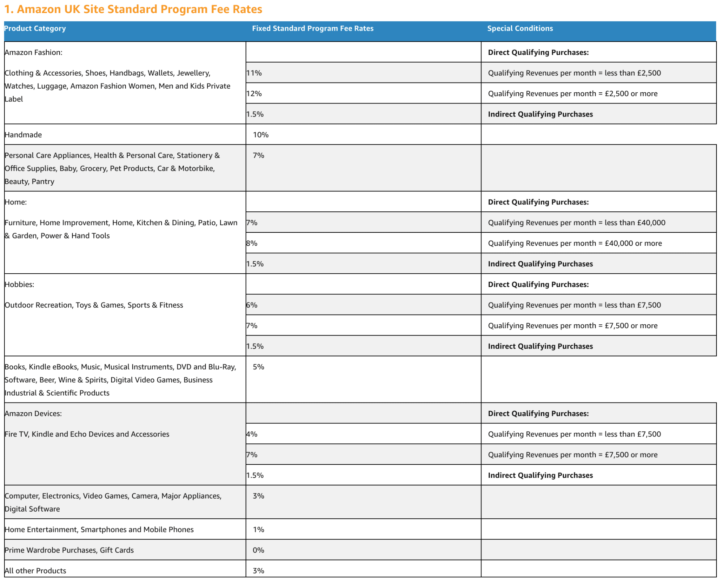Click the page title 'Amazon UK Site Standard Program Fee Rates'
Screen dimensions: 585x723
pyautogui.click(x=133, y=9)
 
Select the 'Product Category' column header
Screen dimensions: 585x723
pyautogui.click(x=35, y=29)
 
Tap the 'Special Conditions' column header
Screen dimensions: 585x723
pyautogui.click(x=520, y=29)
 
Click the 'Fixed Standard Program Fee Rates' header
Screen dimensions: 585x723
pyautogui.click(x=312, y=29)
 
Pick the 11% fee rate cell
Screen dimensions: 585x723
pyautogui.click(x=254, y=73)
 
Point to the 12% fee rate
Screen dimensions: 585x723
pyautogui.click(x=254, y=94)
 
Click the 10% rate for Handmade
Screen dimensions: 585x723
pyautogui.click(x=260, y=135)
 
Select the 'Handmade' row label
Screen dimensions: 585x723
pyautogui.click(x=23, y=135)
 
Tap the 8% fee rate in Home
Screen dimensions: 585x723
pyautogui.click(x=252, y=243)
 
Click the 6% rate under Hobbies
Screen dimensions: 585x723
pyautogui.click(x=252, y=305)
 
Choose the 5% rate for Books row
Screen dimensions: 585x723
pyautogui.click(x=258, y=367)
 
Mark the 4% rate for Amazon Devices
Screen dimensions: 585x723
pyautogui.click(x=252, y=434)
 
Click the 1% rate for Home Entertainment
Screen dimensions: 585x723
pyautogui.click(x=258, y=530)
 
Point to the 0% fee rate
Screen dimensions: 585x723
pyautogui.click(x=258, y=550)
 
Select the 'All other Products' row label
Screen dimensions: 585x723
pyautogui.click(x=35, y=571)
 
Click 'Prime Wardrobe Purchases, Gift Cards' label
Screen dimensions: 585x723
pyautogui.click(x=69, y=550)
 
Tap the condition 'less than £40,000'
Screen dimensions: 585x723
pyautogui.click(x=635, y=223)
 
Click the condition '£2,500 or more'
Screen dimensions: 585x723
pyautogui.click(x=631, y=94)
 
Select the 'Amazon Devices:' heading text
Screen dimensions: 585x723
pyautogui.click(x=33, y=414)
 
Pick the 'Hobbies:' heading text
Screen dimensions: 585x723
pyautogui.click(x=20, y=285)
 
